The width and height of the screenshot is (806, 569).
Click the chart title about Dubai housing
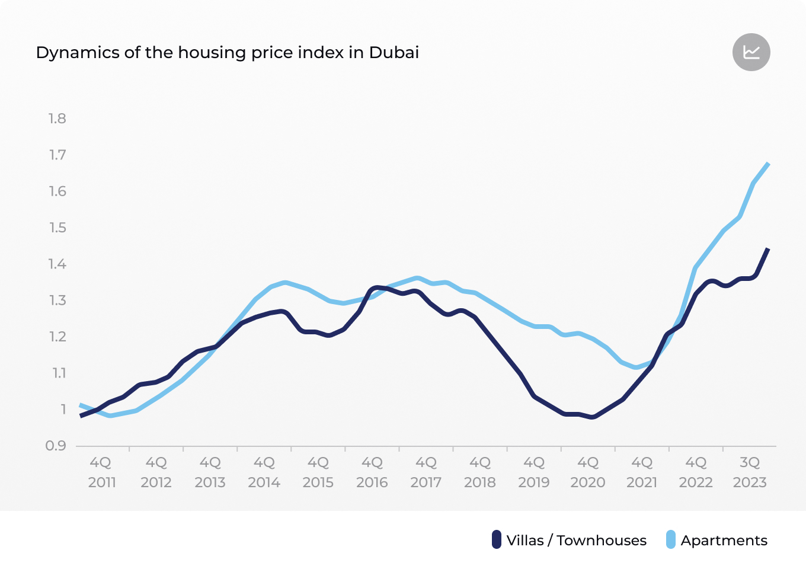tap(228, 53)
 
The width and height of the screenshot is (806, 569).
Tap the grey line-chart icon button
tap(751, 52)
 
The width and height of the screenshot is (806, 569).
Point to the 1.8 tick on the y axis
tap(57, 119)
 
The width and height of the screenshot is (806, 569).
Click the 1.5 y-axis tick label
tap(57, 228)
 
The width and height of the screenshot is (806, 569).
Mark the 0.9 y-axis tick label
tap(56, 446)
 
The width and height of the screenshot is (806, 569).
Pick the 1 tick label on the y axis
tap(63, 410)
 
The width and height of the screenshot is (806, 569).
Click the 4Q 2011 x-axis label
tap(102, 472)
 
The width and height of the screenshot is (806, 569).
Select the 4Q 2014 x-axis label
tap(264, 472)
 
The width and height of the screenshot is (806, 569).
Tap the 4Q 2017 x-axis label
tap(426, 472)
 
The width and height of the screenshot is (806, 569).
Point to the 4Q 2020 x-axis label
tap(588, 472)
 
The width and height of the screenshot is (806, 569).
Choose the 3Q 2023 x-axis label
tap(750, 472)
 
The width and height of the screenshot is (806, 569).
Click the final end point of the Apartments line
tap(769, 164)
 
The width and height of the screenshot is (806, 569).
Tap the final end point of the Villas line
tap(768, 249)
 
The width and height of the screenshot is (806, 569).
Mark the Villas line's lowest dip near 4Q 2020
tap(592, 417)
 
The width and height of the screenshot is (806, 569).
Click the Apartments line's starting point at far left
tap(81, 405)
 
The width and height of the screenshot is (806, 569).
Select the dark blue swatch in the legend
tap(497, 540)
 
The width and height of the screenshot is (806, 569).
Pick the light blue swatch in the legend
tap(671, 540)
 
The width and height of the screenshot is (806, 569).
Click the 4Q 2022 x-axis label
tap(696, 472)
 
